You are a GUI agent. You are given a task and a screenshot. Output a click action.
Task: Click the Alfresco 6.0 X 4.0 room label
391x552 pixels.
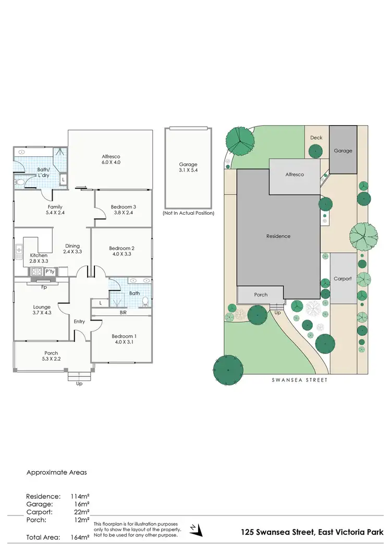[x=111, y=159]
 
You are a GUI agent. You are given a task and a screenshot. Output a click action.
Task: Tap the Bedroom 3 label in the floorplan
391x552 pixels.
[x=123, y=210]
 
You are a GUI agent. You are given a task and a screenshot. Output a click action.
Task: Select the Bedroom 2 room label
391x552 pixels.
[x=122, y=251]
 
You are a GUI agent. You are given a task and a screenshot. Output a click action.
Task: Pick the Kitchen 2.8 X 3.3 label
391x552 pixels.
[x=39, y=257]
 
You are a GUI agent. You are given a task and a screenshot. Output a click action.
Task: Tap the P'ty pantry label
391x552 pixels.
[x=50, y=272]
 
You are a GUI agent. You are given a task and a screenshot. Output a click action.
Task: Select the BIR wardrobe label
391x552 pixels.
[x=123, y=312]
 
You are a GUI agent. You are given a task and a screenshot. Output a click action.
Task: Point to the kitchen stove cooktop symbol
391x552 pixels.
[x=37, y=272]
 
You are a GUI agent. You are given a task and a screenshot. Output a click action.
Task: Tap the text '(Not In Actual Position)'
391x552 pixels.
[x=188, y=213]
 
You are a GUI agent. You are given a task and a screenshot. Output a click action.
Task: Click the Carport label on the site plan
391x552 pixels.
[x=343, y=278]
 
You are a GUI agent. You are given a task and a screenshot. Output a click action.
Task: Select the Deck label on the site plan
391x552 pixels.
[x=316, y=138]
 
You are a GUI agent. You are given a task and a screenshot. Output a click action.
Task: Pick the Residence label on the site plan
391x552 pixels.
[x=278, y=236]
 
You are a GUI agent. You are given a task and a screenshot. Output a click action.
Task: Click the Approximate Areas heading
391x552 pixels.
[x=56, y=472]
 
